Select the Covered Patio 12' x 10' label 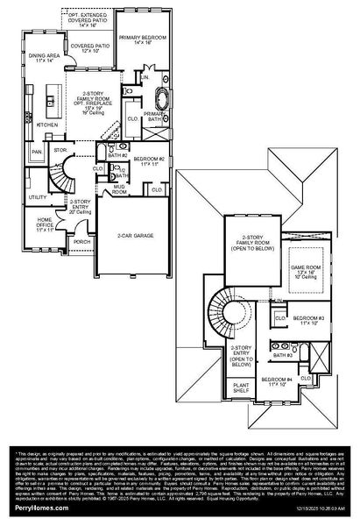pyautogui.click(x=88, y=46)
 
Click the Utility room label pyautogui.click(x=38, y=197)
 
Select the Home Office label pyautogui.click(x=43, y=226)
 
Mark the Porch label pyautogui.click(x=81, y=242)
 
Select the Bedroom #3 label pyautogui.click(x=308, y=320)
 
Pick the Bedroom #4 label pyautogui.click(x=276, y=381)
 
